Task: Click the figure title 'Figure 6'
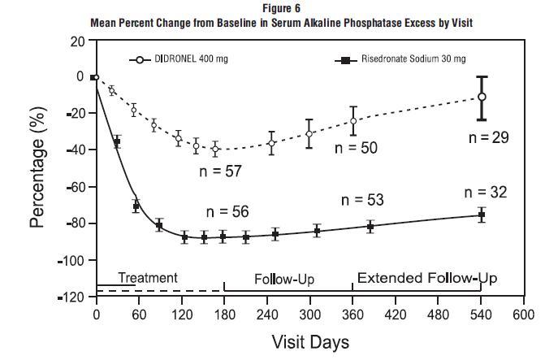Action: (279, 7)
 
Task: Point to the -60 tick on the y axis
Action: (78, 187)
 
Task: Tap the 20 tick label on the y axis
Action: (78, 41)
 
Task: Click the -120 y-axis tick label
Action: (76, 297)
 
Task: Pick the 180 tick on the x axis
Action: (223, 314)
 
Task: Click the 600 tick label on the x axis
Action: (524, 314)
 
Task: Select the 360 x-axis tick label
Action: (353, 314)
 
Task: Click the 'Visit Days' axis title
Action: (309, 341)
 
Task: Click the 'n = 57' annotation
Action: (222, 171)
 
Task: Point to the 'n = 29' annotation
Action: (489, 137)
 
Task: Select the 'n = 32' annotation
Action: (486, 193)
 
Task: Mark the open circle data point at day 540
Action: (482, 97)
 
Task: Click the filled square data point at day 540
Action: (482, 215)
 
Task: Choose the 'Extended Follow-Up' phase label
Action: (427, 278)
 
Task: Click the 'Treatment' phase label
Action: (148, 277)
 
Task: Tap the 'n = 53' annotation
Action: (361, 200)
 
